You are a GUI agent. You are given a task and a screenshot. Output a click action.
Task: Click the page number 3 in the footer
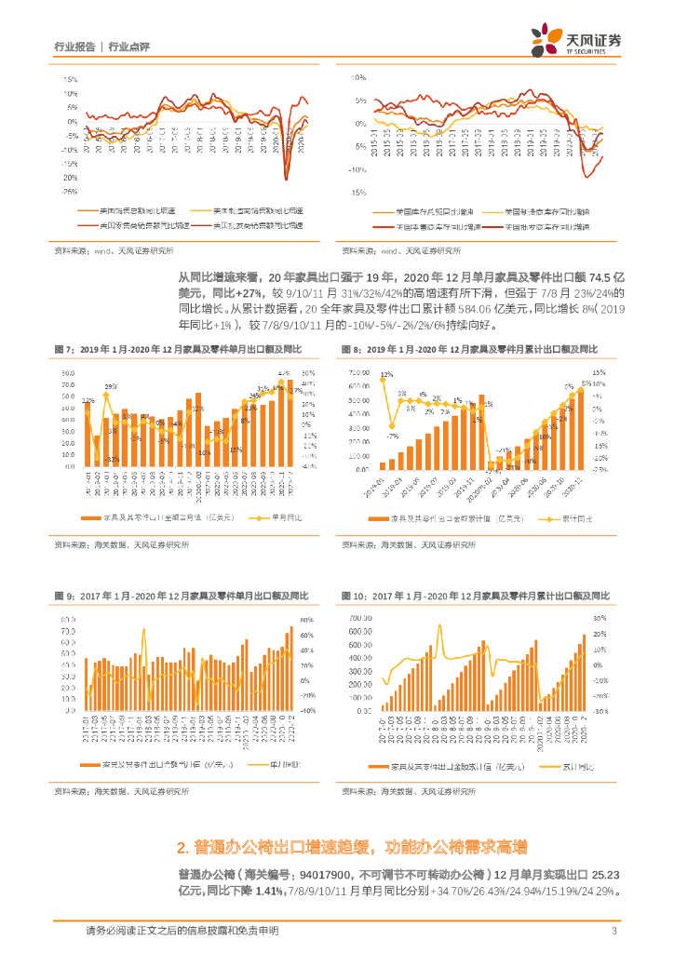(x=613, y=931)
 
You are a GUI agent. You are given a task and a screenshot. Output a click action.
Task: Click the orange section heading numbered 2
(x=351, y=847)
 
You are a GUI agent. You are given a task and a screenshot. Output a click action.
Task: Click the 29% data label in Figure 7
(x=110, y=385)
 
